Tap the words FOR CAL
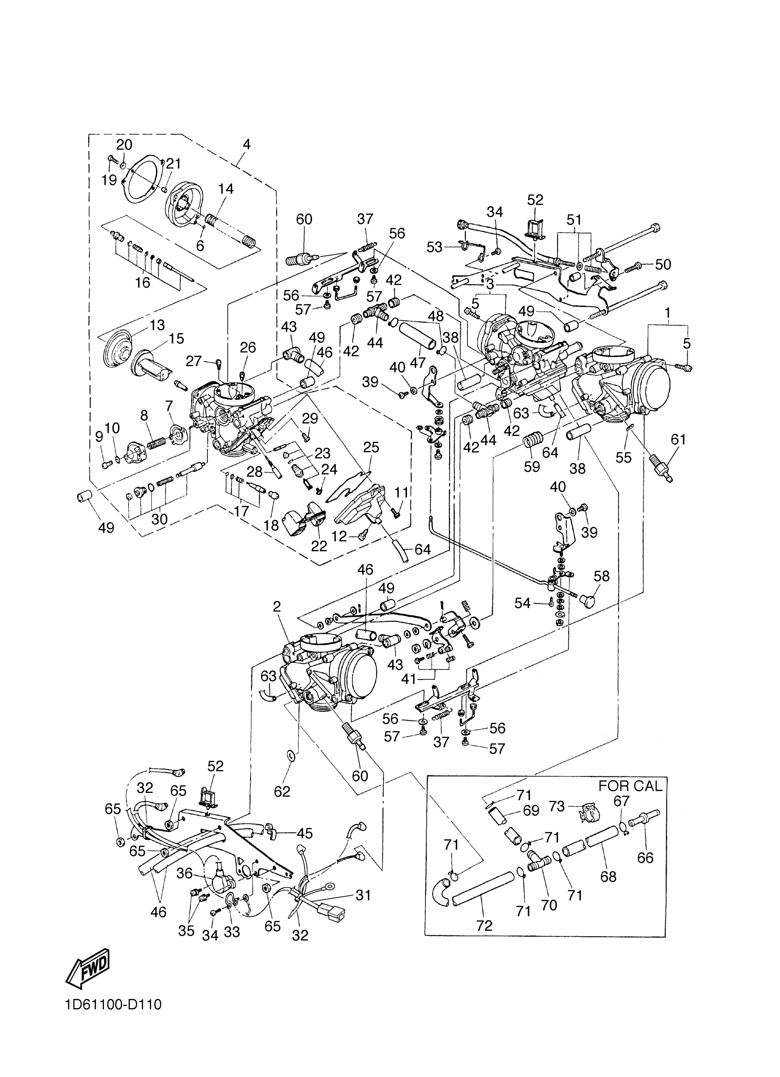tap(630, 786)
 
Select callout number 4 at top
tap(246, 145)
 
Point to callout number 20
tap(124, 145)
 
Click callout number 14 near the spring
tap(226, 189)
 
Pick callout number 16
tap(142, 283)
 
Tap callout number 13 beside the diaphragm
tap(157, 325)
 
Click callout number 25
tap(371, 447)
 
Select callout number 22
tap(319, 546)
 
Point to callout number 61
tap(679, 440)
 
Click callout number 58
tap(602, 576)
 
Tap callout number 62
tap(282, 791)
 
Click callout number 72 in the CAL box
tap(484, 925)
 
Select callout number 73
tap(557, 806)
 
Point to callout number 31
tap(363, 895)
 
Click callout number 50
tap(663, 264)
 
